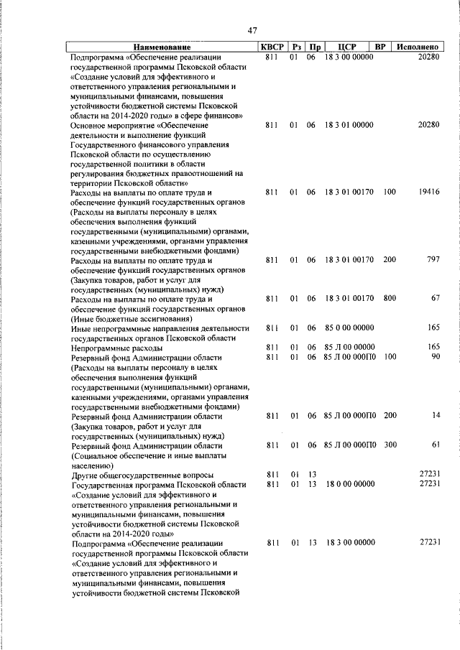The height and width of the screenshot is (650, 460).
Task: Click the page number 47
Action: pyautogui.click(x=252, y=30)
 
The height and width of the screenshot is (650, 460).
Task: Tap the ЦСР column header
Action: pyautogui.click(x=347, y=47)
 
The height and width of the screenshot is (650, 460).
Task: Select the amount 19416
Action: pyautogui.click(x=427, y=192)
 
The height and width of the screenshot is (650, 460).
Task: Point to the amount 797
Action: pyautogui.click(x=432, y=260)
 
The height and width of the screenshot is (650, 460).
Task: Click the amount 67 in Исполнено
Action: pyautogui.click(x=435, y=298)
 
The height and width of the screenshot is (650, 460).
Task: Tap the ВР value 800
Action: pyautogui.click(x=389, y=298)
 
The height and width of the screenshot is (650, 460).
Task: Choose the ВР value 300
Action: pyautogui.click(x=389, y=445)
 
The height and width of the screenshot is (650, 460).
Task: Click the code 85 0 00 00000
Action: pyautogui.click(x=348, y=328)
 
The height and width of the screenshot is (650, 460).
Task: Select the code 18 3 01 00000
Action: pyautogui.click(x=348, y=125)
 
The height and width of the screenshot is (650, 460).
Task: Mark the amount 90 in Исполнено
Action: pyautogui.click(x=435, y=356)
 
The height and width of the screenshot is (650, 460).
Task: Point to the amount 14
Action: pyautogui.click(x=435, y=416)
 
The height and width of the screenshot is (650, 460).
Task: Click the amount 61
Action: pyautogui.click(x=435, y=445)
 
